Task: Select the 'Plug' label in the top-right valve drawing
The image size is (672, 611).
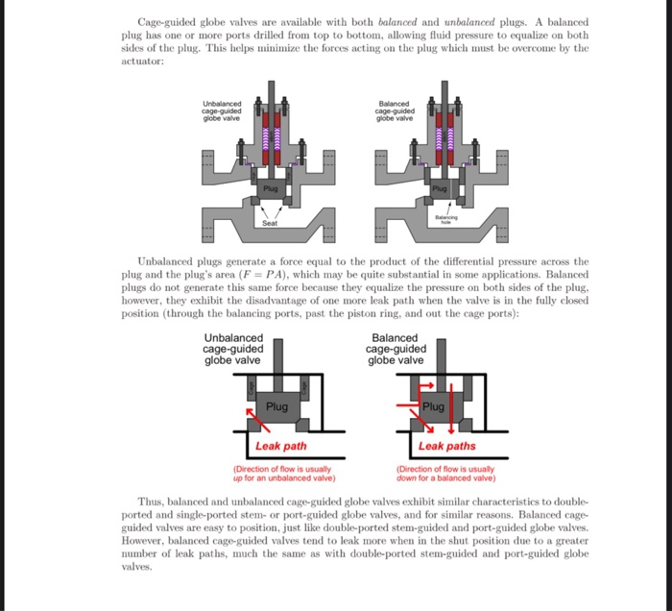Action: [440, 189]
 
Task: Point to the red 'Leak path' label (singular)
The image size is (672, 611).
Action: [281, 446]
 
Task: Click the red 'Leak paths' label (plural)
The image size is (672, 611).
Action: [447, 446]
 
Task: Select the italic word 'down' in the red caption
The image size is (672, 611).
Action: [408, 477]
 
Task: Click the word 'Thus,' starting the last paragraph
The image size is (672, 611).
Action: [152, 501]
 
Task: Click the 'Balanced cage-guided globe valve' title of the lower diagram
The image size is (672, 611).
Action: [395, 349]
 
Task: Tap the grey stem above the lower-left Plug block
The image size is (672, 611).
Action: [276, 365]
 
